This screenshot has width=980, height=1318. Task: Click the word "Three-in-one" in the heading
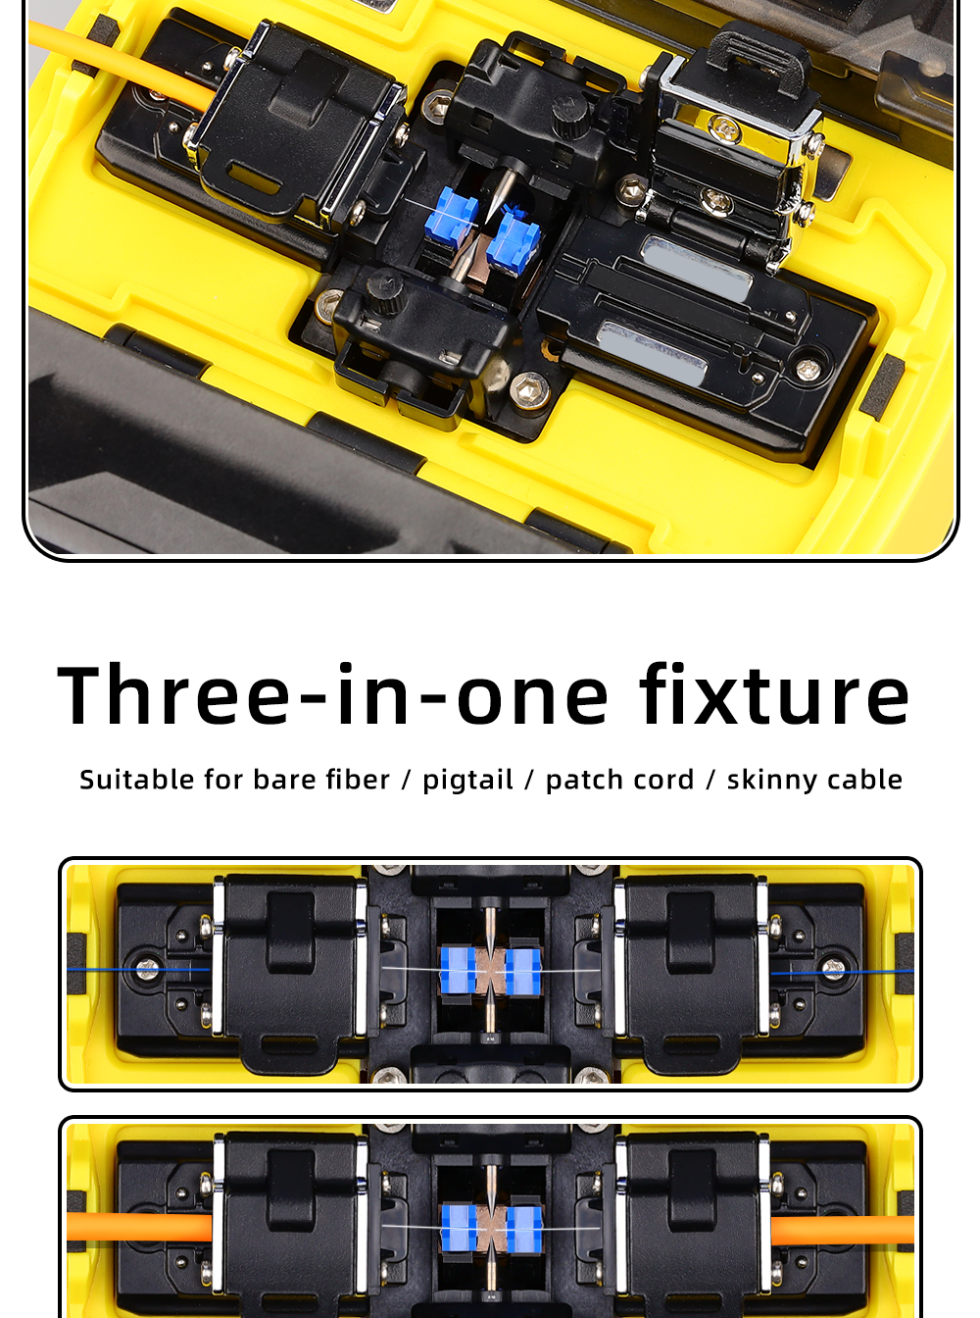click(333, 694)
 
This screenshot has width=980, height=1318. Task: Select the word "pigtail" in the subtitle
click(467, 781)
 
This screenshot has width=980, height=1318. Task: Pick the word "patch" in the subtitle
click(584, 781)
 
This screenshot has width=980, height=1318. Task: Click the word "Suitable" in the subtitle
click(136, 779)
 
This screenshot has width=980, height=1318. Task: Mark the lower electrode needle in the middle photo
click(490, 1009)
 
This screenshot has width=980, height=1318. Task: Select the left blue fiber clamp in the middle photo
click(458, 970)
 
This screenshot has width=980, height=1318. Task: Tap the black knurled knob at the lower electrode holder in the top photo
click(385, 288)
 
